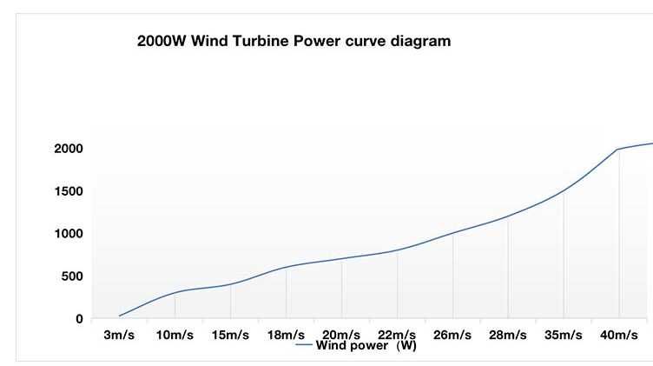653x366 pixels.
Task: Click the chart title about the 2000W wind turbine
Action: (294, 41)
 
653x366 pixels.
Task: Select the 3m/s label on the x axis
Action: (119, 336)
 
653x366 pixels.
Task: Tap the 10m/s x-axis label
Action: (175, 336)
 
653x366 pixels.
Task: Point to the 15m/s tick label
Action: (230, 336)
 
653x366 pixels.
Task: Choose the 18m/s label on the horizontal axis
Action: (286, 336)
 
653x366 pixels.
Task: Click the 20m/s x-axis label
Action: (341, 336)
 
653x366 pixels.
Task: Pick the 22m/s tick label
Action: (397, 336)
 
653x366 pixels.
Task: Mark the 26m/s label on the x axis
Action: (452, 336)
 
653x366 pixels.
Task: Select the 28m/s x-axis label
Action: (508, 336)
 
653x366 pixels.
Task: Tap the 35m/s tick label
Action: (564, 336)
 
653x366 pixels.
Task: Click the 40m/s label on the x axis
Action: (619, 336)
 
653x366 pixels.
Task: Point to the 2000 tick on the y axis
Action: (67, 149)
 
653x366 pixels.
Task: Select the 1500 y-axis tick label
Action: (67, 191)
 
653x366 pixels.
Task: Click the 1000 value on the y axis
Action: (67, 234)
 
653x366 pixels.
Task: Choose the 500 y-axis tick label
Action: (71, 276)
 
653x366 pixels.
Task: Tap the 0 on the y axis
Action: (79, 319)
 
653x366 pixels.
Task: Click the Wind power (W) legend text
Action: (366, 345)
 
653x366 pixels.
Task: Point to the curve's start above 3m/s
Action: (119, 316)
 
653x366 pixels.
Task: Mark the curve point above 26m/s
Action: (452, 233)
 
